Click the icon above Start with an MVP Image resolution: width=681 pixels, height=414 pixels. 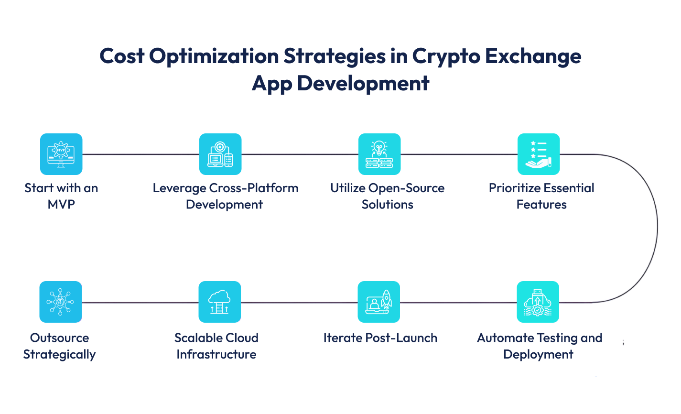(61, 154)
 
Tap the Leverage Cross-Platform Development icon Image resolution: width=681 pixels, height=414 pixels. (220, 154)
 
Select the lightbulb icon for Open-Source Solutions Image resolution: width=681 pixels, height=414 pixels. (379, 154)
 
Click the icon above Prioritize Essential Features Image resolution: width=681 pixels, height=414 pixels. (539, 154)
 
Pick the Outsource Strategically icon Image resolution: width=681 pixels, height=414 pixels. (61, 302)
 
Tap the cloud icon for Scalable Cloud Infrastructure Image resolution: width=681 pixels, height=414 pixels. (220, 302)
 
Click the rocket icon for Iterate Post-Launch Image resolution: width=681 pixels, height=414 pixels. (379, 302)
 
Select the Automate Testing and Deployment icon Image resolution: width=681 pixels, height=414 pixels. (538, 302)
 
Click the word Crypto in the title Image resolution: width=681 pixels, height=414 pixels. (445, 57)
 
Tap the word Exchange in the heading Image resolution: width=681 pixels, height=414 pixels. (533, 56)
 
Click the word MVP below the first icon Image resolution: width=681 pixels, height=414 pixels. (61, 205)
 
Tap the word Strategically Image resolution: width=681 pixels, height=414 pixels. (59, 355)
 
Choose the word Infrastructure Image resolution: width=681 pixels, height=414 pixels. (216, 355)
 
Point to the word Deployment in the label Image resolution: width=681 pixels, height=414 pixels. (538, 355)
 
